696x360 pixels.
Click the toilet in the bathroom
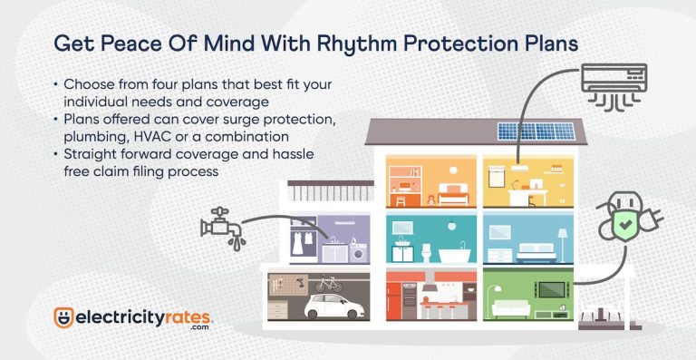[x=425, y=248]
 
